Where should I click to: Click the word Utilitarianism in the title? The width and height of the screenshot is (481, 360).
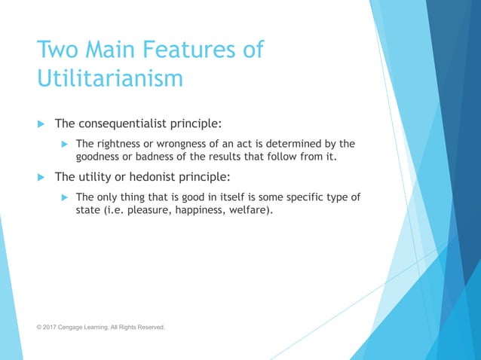point(110,78)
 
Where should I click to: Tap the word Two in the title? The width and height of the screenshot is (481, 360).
point(59,50)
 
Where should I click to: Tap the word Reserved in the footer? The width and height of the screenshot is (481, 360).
point(149,328)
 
